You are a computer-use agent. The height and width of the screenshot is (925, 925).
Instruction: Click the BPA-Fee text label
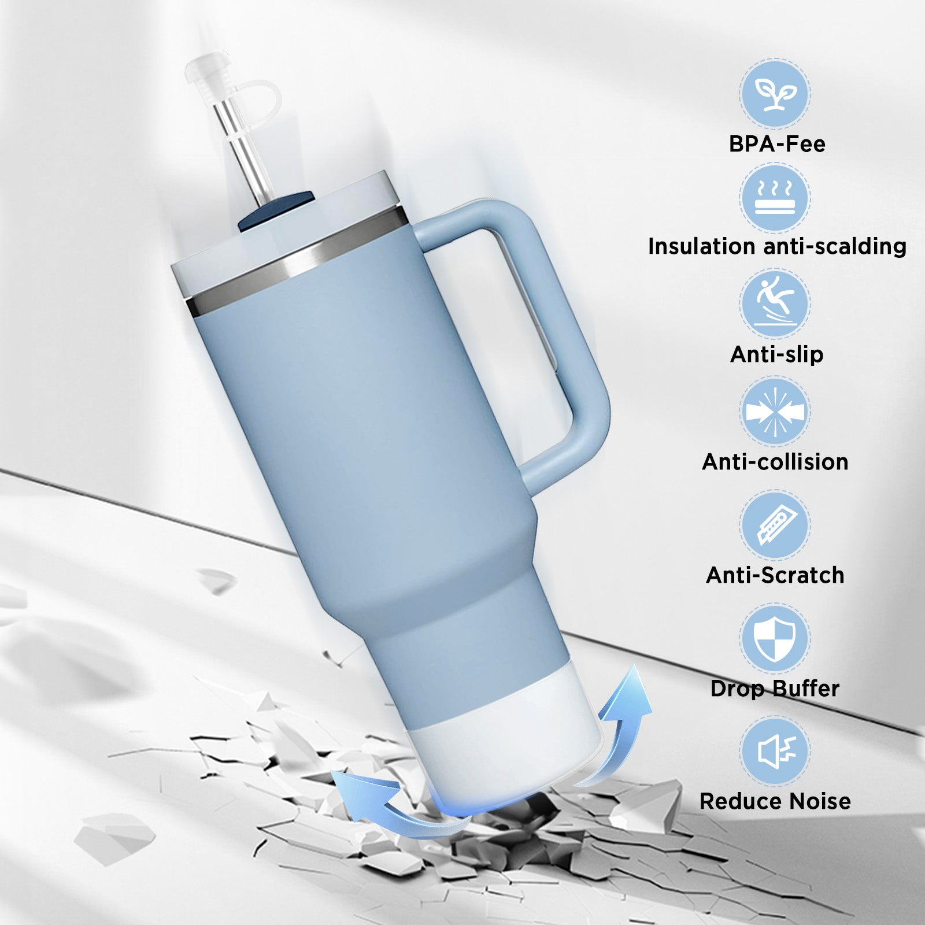[x=777, y=144]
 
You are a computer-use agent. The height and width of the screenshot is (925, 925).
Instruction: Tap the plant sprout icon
[x=775, y=93]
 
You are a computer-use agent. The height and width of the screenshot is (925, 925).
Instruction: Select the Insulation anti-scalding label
[x=777, y=247]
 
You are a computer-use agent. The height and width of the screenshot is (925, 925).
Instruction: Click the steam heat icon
[x=775, y=197]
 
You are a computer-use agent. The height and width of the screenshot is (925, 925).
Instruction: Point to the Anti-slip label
[x=777, y=354]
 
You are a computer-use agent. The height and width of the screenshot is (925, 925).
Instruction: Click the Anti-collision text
[x=775, y=462]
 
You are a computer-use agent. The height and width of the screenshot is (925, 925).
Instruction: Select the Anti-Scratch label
[x=775, y=575]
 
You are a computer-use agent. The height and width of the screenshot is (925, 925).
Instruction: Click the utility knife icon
[x=775, y=525]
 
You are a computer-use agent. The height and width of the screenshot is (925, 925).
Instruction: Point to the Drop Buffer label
[x=775, y=689]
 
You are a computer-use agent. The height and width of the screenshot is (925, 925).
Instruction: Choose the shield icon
[x=775, y=639]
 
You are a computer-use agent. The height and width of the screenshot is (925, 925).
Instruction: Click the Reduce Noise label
[x=775, y=801]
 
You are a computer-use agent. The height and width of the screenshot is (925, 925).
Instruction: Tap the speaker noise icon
[x=776, y=751]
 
